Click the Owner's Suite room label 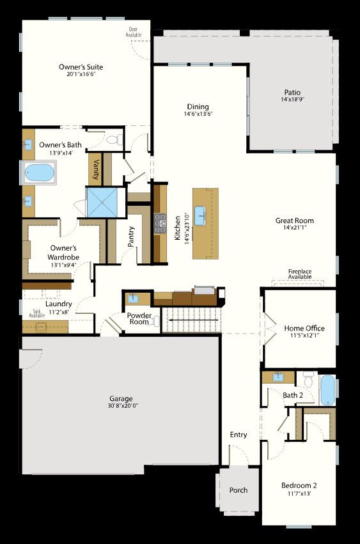coord(81,67)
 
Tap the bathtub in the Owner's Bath coord(39,173)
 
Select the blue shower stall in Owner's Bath coord(102,203)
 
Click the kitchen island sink coord(200,215)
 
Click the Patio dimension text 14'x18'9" coord(293,100)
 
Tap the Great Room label coord(294,221)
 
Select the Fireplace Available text coord(300,274)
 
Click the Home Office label coord(304,328)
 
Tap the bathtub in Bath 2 coord(327,390)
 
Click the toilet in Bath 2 coord(308,380)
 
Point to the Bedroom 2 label coord(299,485)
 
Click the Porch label coord(239,490)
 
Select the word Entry coord(239,435)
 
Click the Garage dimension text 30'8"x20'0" coord(123,405)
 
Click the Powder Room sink coord(132,298)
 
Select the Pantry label coord(131,237)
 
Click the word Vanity coord(96,169)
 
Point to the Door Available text coord(134,32)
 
